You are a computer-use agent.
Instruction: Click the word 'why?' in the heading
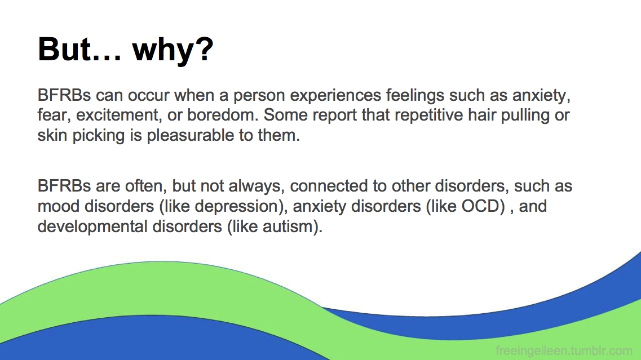(173, 50)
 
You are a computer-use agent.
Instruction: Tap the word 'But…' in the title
(79, 49)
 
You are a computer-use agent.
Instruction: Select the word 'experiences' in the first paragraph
(335, 96)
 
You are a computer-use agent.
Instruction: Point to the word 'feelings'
(415, 96)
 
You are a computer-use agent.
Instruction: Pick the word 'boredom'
(223, 115)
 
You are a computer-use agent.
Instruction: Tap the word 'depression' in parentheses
(236, 207)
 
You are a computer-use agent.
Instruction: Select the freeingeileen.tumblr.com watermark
(564, 350)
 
